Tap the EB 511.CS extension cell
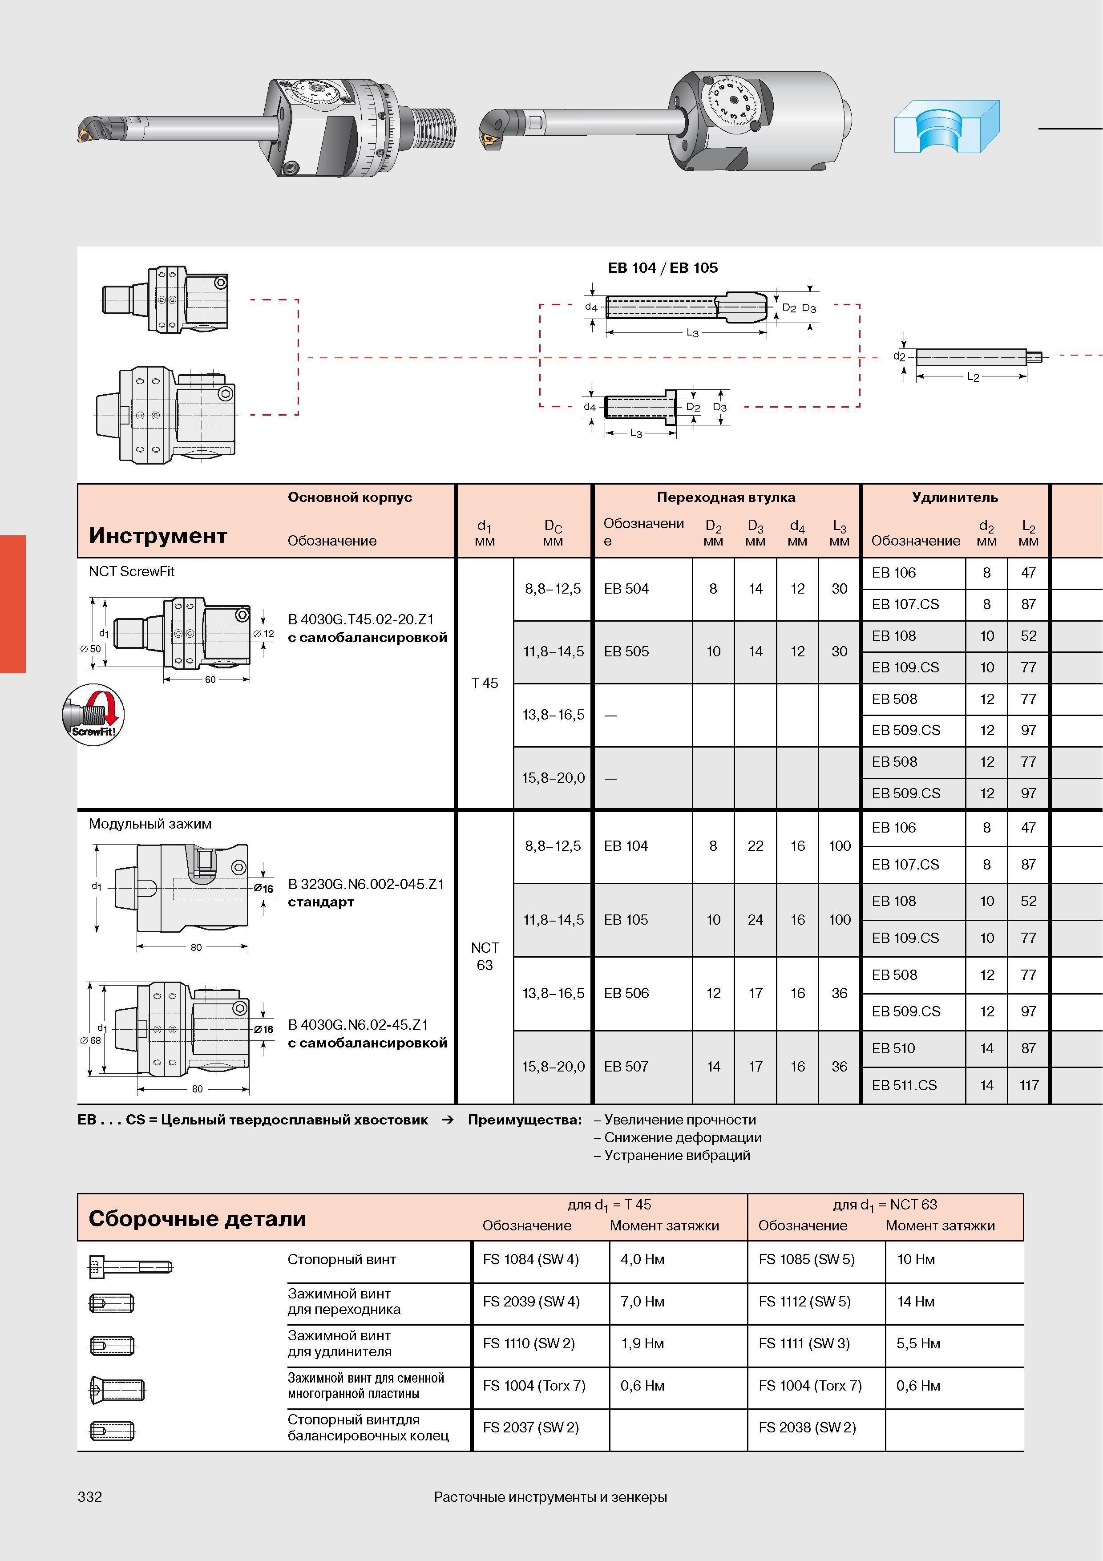point(904,1085)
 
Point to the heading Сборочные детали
point(197,1218)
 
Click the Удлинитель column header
point(955,497)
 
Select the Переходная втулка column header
point(726,497)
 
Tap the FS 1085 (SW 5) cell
point(806,1259)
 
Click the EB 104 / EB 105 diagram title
point(663,268)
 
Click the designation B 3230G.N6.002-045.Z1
point(366,884)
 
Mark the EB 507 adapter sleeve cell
point(626,1067)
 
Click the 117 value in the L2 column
point(1029,1085)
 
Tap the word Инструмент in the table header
point(158,536)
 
